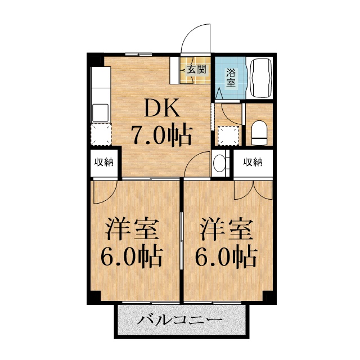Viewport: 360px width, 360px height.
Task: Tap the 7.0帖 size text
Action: pos(162,136)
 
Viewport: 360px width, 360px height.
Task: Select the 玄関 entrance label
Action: pos(196,70)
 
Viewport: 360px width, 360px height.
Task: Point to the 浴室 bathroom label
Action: pos(231,77)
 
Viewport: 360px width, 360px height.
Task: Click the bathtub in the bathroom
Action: pos(260,78)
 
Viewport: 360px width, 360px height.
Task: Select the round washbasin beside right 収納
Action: pos(220,163)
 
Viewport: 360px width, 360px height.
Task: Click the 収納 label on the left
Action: pos(103,163)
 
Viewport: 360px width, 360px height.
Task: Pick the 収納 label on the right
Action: pos(253,163)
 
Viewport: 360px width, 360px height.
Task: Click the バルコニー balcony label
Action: pos(179,321)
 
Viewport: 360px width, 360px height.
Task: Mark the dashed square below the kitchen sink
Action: pos(101,134)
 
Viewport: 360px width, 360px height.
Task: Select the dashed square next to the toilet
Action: pos(228,136)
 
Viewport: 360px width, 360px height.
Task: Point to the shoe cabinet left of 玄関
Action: pos(175,69)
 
